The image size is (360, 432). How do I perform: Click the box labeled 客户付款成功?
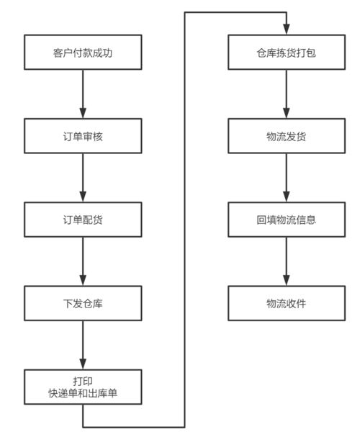(83, 53)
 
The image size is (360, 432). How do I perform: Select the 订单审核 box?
(83, 136)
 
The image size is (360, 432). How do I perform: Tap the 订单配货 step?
(83, 219)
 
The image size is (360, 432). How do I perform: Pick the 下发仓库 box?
(83, 302)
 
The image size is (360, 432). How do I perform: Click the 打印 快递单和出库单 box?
(83, 387)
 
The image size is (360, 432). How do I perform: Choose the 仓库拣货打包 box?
(287, 53)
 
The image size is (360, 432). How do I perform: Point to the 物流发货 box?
(287, 136)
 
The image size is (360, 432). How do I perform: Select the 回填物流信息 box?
(287, 219)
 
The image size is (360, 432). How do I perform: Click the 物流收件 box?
(287, 302)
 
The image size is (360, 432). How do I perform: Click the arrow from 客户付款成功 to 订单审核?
(83, 94)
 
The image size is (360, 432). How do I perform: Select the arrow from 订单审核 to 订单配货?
(83, 177)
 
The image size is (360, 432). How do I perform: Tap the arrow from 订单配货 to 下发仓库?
(83, 261)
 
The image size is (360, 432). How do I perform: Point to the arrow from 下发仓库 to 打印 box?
(83, 344)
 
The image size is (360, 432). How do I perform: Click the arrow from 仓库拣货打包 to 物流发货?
(287, 94)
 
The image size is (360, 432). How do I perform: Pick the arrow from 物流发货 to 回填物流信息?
(287, 177)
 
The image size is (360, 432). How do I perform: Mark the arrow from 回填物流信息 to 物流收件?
(287, 261)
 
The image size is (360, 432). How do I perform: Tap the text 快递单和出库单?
(83, 394)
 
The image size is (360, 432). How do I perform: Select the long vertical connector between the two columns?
(185, 216)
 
